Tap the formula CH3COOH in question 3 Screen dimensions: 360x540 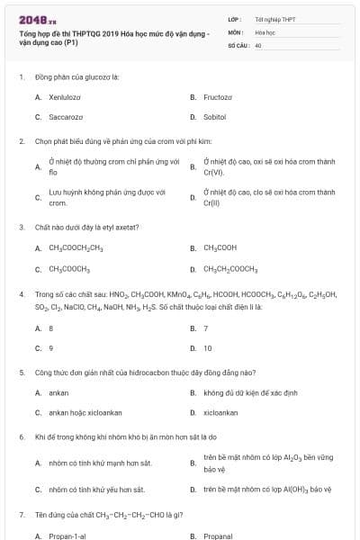(x=220, y=247)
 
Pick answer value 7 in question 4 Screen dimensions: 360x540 (x=206, y=328)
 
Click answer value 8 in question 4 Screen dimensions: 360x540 (x=51, y=328)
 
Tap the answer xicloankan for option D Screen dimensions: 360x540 (x=220, y=412)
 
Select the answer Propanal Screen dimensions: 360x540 (x=218, y=535)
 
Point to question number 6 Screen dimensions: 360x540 (x=21, y=437)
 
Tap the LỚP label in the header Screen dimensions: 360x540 (x=235, y=18)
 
